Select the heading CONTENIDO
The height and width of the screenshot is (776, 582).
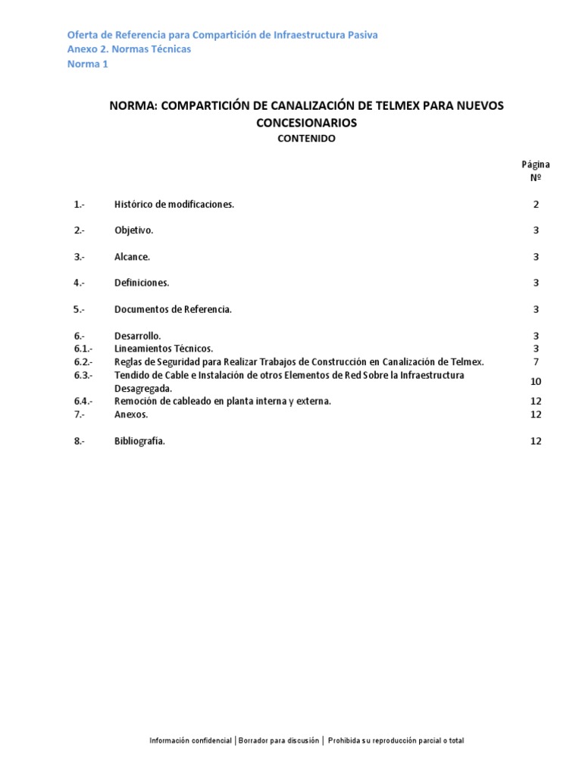[306, 139]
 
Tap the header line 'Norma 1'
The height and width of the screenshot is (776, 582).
[88, 64]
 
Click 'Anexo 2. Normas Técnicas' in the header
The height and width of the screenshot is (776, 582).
[129, 49]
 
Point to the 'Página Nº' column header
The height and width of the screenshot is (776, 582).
[535, 171]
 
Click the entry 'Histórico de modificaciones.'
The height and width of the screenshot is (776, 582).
[174, 205]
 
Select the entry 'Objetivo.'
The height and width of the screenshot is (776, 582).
[134, 230]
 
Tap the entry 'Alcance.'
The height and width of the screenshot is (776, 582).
[132, 257]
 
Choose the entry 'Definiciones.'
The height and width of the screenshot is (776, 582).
[142, 283]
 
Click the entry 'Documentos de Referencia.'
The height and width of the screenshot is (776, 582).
[173, 309]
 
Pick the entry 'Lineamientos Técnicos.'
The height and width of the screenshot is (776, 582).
[164, 349]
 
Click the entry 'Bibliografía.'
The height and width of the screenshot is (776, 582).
[139, 441]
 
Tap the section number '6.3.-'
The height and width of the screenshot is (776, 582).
[83, 375]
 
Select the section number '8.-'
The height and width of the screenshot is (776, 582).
[80, 441]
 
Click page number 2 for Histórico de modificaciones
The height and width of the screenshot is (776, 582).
[536, 205]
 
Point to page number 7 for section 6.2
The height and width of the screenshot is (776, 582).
[536, 361]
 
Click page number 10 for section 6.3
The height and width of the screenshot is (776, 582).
[536, 381]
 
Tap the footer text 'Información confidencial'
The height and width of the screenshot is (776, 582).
[190, 740]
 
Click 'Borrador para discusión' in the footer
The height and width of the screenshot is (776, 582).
[279, 740]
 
